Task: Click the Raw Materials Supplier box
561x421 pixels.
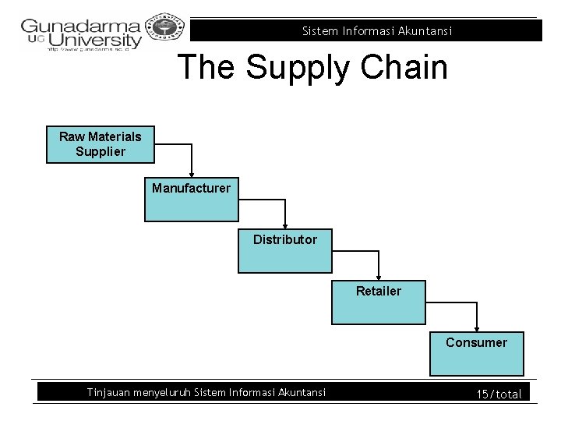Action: pos(100,144)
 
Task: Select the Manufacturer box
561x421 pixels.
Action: pos(191,200)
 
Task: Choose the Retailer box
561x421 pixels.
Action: pos(379,302)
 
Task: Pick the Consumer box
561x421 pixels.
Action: pos(476,353)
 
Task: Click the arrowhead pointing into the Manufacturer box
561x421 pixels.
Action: pos(192,173)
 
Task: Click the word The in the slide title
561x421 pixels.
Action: pos(207,67)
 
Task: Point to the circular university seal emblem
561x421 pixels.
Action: pos(164,30)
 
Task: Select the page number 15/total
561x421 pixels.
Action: pos(499,394)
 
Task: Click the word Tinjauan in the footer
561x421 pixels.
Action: pos(108,392)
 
